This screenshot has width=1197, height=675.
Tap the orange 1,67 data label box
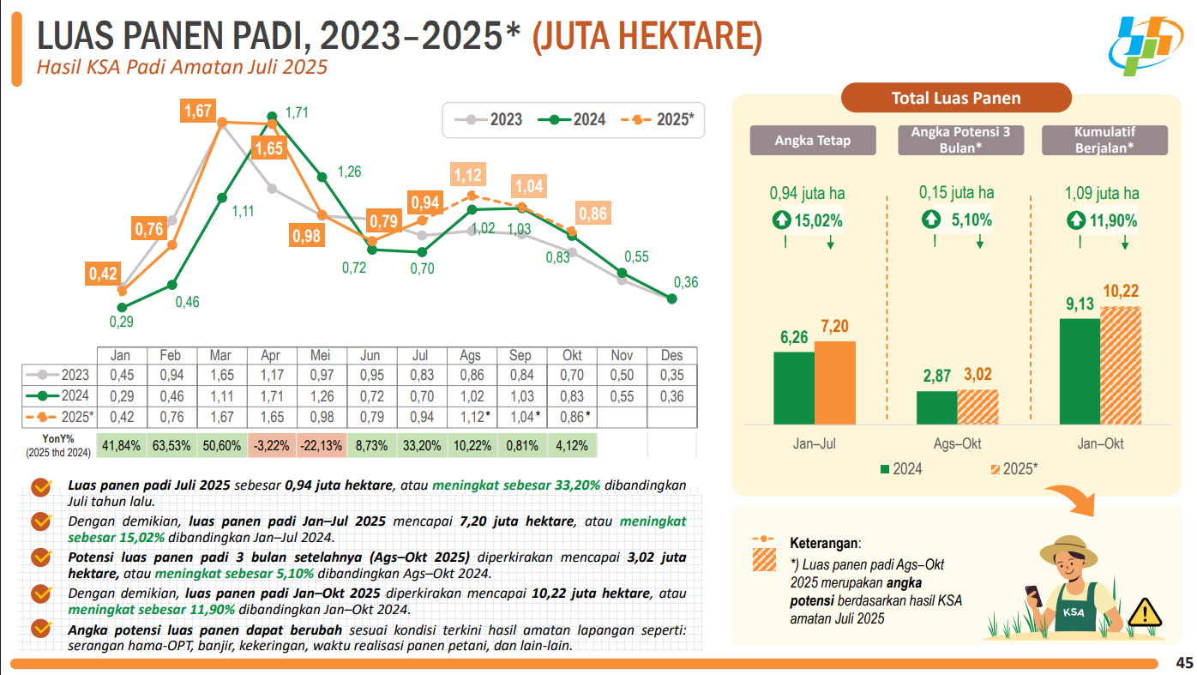(x=198, y=111)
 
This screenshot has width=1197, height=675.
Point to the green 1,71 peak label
(x=297, y=112)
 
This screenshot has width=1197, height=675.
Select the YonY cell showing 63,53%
(x=171, y=446)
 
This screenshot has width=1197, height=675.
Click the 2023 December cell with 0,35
(x=671, y=375)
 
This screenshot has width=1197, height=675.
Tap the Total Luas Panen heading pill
(x=956, y=98)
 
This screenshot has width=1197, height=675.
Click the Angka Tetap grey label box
(x=813, y=141)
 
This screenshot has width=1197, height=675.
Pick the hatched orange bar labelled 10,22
(x=1121, y=365)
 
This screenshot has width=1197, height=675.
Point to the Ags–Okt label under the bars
(x=957, y=444)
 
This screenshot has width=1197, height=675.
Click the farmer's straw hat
(x=1074, y=549)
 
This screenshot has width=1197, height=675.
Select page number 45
(x=1184, y=663)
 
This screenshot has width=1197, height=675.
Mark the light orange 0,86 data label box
(x=592, y=214)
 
